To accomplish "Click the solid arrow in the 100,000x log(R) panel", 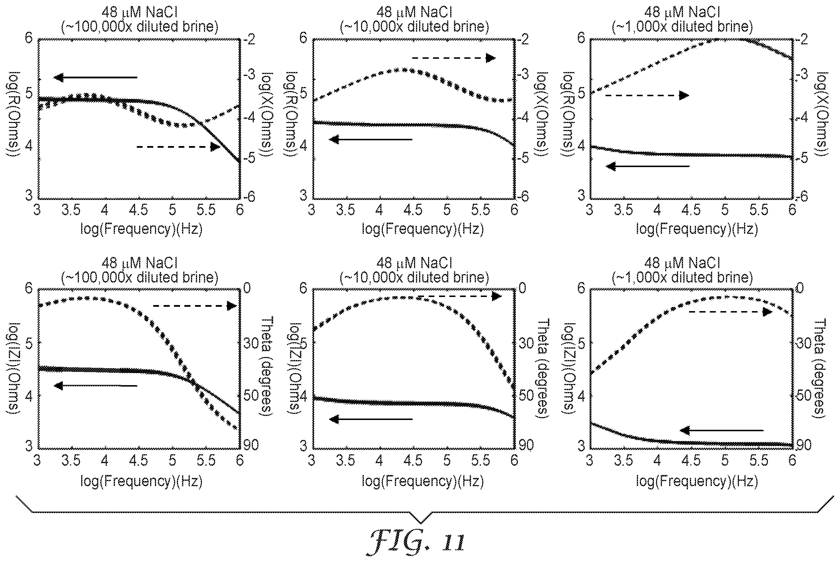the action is tap(95, 77).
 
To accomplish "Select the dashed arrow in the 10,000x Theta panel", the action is tap(460, 296).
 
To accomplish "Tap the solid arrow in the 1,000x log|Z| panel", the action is tap(722, 430).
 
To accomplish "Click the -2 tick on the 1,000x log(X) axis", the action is tap(800, 39).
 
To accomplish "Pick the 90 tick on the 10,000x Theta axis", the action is tap(526, 445).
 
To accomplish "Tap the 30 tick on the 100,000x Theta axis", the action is tap(251, 343).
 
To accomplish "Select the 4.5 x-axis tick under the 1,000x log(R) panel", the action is tap(690, 210).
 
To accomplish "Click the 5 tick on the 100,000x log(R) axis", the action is tap(29, 93).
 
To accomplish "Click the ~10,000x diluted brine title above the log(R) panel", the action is tap(414, 27).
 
